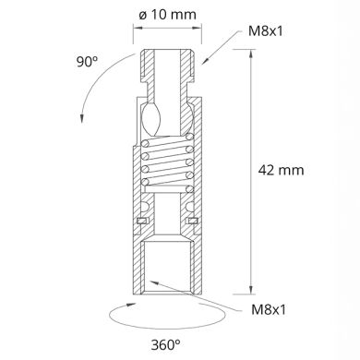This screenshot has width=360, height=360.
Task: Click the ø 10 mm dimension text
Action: pos(166,17)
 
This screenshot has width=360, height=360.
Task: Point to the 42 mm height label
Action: pos(282,170)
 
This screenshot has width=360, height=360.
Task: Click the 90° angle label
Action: pos(88,63)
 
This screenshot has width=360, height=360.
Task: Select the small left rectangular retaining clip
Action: pos(141,222)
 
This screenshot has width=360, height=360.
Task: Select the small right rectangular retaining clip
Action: pos(192,222)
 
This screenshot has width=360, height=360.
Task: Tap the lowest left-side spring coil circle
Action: pos(146,186)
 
